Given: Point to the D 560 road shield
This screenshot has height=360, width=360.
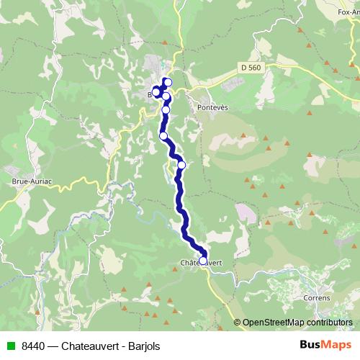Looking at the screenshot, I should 249,66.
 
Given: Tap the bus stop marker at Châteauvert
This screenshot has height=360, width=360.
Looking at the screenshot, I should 203,261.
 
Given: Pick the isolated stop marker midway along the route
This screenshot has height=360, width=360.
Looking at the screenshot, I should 181,165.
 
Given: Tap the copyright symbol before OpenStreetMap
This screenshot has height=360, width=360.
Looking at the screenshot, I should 238,322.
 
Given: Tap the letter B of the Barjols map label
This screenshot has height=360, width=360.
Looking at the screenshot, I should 150,94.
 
